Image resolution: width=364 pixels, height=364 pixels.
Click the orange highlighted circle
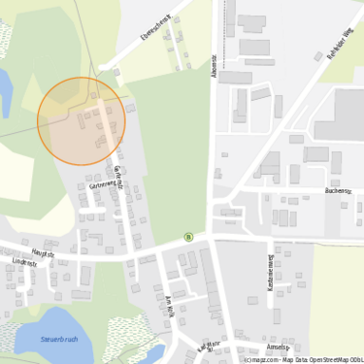coord(81,121)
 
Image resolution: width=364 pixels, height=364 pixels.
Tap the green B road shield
coord(188,236)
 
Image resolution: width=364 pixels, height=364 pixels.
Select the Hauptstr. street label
coord(42,253)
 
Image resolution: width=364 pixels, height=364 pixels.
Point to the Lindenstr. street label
coord(24,263)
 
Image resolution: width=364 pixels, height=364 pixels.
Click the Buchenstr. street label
coord(337,191)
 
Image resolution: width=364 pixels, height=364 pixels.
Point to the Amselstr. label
coord(278,347)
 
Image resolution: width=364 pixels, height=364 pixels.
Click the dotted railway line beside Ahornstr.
coord(224,29)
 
